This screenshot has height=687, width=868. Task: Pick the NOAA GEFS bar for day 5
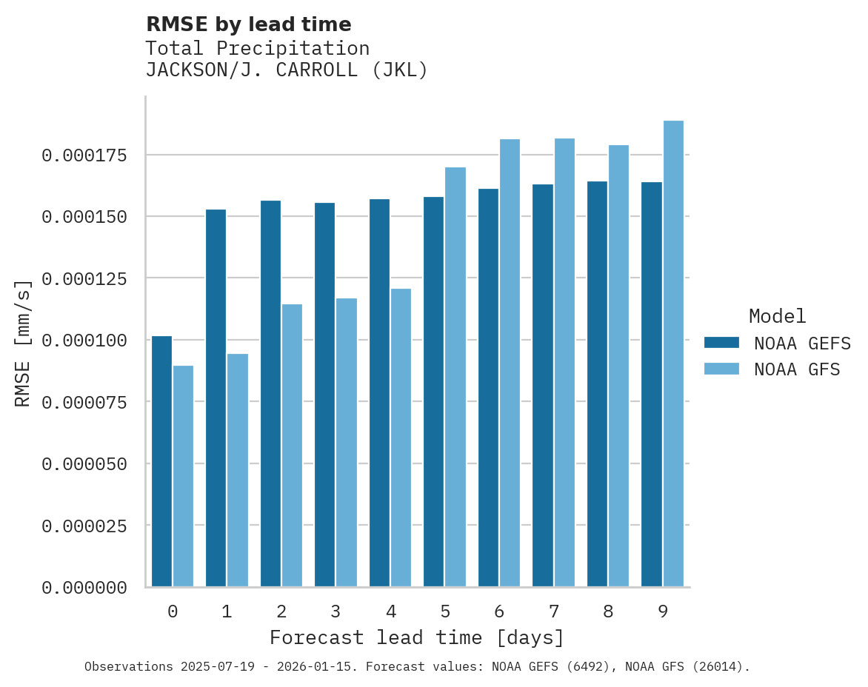click(434, 392)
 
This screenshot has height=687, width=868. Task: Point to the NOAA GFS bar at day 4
click(401, 438)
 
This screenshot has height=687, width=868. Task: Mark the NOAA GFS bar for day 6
click(510, 363)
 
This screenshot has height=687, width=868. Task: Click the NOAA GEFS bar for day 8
click(597, 384)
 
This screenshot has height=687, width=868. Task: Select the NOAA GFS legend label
click(797, 369)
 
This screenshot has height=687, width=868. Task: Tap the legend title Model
click(777, 316)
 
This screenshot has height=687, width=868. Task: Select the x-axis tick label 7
click(554, 611)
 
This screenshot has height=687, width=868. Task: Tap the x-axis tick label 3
click(335, 611)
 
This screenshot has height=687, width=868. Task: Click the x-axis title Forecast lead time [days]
click(417, 637)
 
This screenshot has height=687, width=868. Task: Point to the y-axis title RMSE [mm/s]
click(23, 343)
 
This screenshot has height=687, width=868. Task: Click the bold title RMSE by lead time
click(248, 24)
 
